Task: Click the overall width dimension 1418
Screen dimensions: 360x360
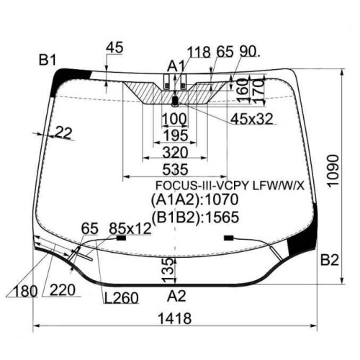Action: click(174, 318)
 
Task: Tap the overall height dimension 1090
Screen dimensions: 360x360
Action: click(333, 171)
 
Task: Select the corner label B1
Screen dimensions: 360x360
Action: click(48, 60)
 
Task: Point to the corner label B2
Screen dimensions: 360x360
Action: click(330, 260)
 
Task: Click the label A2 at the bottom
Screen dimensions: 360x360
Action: click(176, 296)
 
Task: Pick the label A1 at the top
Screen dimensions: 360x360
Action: click(176, 66)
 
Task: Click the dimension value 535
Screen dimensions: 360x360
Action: click(175, 169)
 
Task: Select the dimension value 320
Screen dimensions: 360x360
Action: click(175, 152)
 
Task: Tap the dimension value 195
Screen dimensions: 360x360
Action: click(175, 135)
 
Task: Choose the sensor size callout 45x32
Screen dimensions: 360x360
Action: click(252, 119)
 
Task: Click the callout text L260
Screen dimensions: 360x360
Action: click(121, 298)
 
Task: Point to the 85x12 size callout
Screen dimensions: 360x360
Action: click(130, 228)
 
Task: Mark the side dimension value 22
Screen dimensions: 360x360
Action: click(63, 132)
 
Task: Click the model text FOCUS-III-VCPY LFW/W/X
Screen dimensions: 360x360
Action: click(230, 186)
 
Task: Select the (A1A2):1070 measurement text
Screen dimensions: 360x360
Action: click(194, 199)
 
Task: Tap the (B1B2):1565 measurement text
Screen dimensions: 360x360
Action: click(195, 217)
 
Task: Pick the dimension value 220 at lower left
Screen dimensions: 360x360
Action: click(63, 290)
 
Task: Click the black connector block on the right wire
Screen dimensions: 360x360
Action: click(229, 238)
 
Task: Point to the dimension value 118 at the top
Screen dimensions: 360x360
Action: click(199, 52)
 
